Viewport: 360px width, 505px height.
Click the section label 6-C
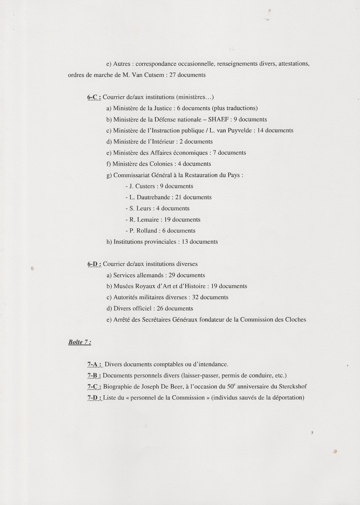pyautogui.click(x=94, y=97)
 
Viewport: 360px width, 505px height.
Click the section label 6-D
pyautogui.click(x=94, y=264)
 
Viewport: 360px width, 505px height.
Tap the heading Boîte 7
pyautogui.click(x=79, y=342)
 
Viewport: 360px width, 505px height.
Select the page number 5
pyautogui.click(x=312, y=432)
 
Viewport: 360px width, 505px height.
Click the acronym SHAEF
pyautogui.click(x=218, y=120)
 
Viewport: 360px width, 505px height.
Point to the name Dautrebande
pyautogui.click(x=153, y=197)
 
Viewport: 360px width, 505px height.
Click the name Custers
pyautogui.click(x=145, y=186)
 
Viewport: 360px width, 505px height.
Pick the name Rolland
pyautogui.click(x=147, y=231)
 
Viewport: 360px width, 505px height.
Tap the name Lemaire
pyautogui.click(x=148, y=220)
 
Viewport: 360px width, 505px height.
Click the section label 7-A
pyautogui.click(x=94, y=365)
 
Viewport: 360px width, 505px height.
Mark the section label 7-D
pyautogui.click(x=94, y=398)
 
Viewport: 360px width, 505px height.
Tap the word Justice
pyautogui.click(x=163, y=108)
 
